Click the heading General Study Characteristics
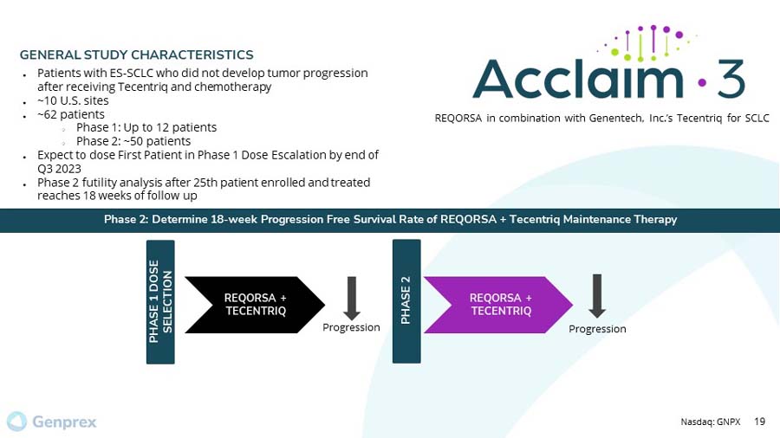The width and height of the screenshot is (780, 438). [x=137, y=55]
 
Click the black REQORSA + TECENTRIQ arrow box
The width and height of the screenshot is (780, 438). [x=254, y=305]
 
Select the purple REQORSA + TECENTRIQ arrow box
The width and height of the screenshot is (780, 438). [x=500, y=305]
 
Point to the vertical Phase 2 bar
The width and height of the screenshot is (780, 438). [x=406, y=300]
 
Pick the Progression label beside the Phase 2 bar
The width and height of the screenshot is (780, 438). [x=351, y=327]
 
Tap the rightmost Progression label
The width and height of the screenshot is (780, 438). [x=597, y=329]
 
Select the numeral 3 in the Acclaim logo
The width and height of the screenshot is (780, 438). [x=730, y=80]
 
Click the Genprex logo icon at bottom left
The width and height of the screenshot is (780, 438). [x=17, y=422]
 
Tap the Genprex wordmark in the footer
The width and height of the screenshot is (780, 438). [x=64, y=422]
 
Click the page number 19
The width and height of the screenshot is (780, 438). [x=760, y=422]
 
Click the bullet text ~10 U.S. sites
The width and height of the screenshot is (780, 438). [x=73, y=100]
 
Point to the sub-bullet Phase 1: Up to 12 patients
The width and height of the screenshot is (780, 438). [x=146, y=127]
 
